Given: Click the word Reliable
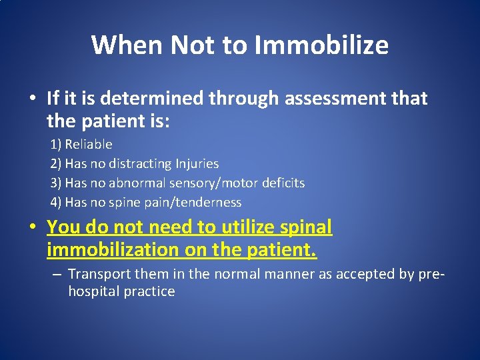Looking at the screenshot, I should point(89,144).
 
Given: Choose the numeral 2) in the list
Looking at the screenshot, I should point(56,163).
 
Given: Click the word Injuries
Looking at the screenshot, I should point(197,163).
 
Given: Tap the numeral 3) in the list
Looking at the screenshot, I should point(56,183).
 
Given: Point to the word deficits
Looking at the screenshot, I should point(283,183).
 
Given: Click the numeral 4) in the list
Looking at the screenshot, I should point(56,202).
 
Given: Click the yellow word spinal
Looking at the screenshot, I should point(304,227).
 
